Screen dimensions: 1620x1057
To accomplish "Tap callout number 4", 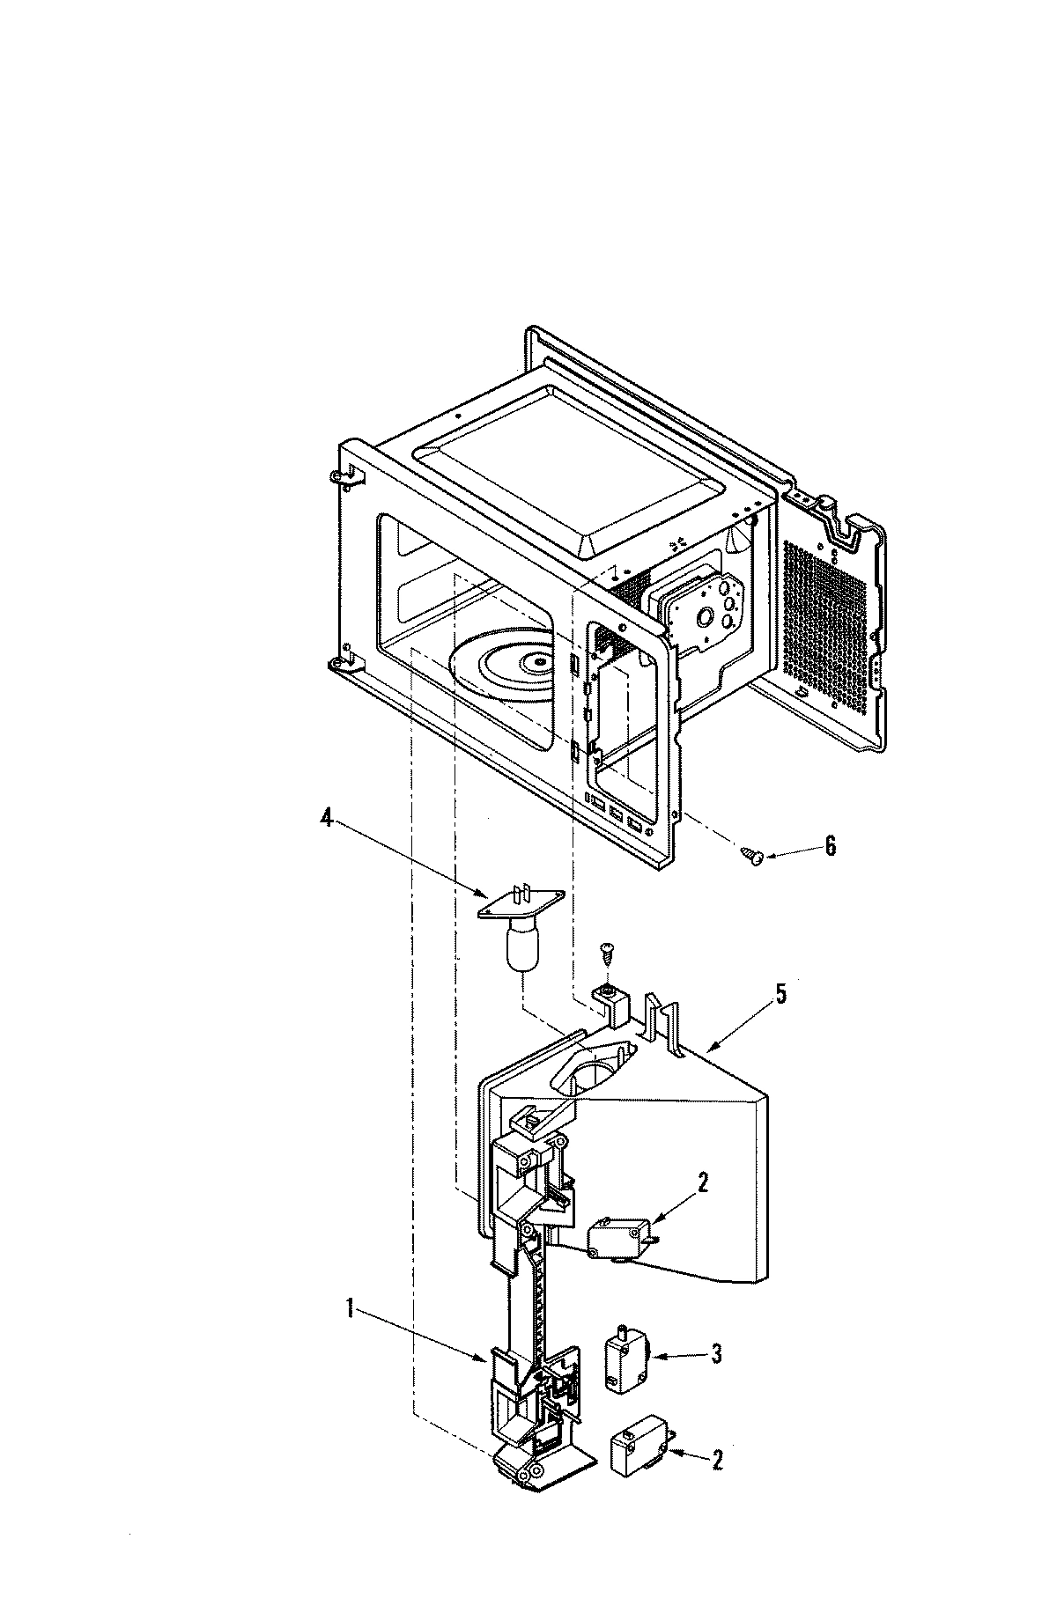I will click(326, 819).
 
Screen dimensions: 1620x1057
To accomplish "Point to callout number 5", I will click(780, 996).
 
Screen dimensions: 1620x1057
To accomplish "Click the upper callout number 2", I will click(702, 1184).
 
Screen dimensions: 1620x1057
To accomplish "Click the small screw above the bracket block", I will click(607, 951).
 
